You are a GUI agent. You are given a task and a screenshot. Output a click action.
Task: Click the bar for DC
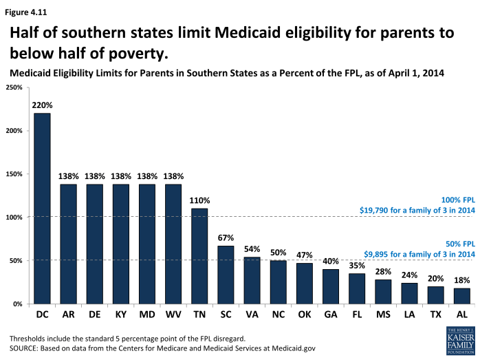[x=42, y=208]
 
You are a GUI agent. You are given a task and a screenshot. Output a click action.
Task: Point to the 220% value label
[x=42, y=105]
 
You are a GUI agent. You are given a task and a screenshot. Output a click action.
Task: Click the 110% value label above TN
[x=200, y=200]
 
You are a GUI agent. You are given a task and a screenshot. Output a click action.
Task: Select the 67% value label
[x=226, y=238]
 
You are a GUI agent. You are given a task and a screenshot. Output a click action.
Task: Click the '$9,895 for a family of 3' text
[x=417, y=254]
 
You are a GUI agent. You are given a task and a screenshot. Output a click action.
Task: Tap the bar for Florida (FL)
[x=358, y=288]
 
